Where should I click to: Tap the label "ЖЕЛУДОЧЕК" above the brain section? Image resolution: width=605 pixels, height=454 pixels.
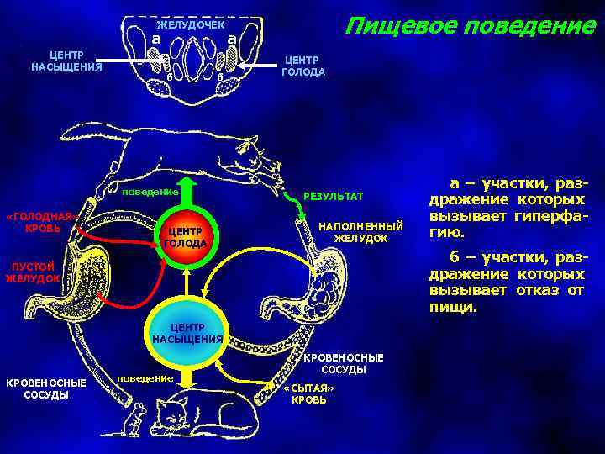coord(191,25)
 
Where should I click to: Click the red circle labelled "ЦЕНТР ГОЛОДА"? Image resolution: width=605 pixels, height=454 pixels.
coord(184,238)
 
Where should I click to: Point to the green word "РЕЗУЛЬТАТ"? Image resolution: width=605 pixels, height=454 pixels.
coord(333,196)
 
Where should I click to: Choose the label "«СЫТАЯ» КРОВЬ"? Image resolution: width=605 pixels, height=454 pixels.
coord(308,393)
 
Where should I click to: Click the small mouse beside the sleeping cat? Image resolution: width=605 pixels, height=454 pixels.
coord(142,417)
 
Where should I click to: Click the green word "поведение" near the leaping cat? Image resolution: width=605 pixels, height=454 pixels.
coord(150,191)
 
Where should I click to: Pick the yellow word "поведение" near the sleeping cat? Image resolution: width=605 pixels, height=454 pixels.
coord(145,378)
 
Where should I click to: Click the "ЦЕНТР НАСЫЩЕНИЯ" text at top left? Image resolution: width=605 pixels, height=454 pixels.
coord(66,60)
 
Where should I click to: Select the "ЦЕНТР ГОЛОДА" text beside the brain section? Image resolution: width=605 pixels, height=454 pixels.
coord(303,66)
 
